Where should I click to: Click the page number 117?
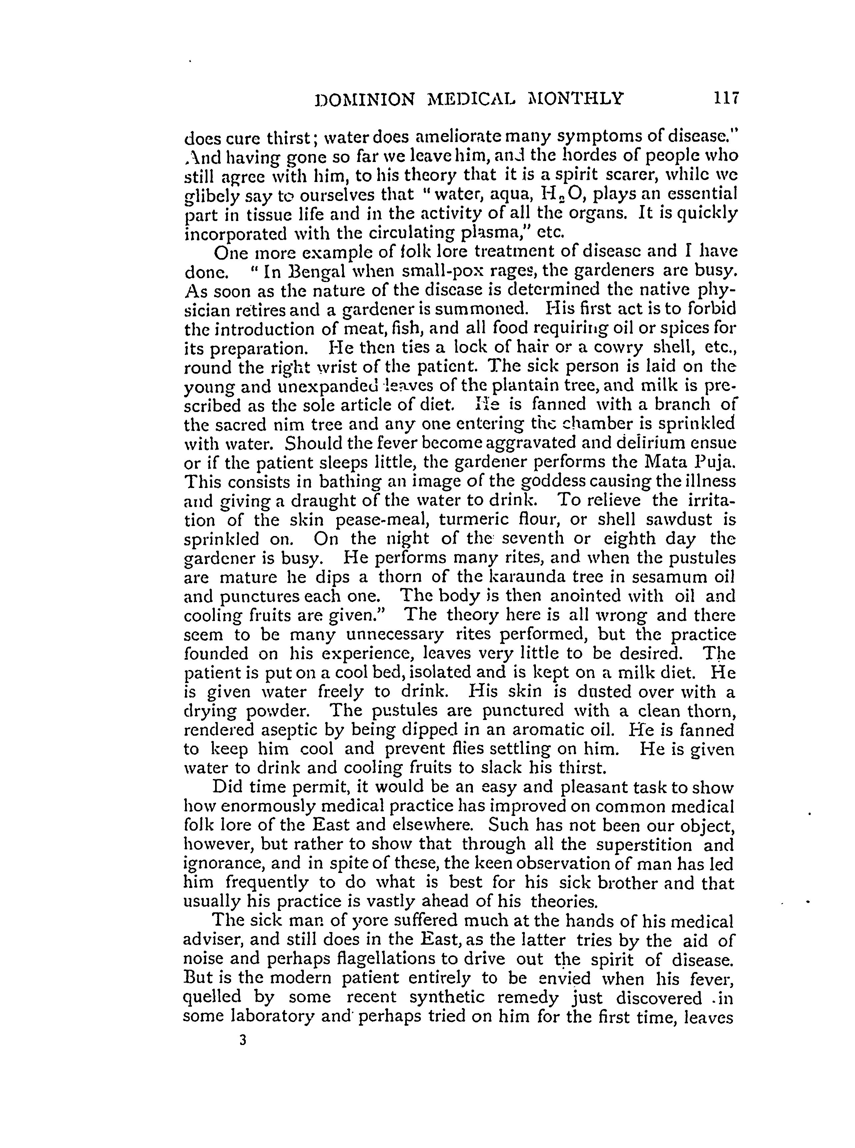[726, 98]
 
